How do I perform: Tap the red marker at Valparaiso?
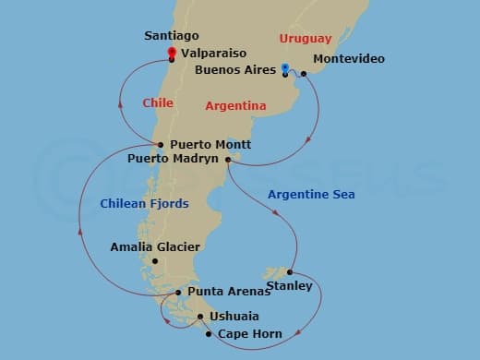(x=172, y=52)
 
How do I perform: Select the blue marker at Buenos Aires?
(x=284, y=67)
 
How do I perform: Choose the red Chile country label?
(x=158, y=102)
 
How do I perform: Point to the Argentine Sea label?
(x=310, y=195)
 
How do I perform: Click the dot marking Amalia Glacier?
(x=155, y=261)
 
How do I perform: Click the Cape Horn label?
(x=250, y=334)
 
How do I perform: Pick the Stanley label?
(x=289, y=286)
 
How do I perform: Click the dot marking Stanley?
(x=290, y=272)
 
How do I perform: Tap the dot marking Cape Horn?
(x=209, y=333)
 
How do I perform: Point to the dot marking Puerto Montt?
(x=161, y=145)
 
